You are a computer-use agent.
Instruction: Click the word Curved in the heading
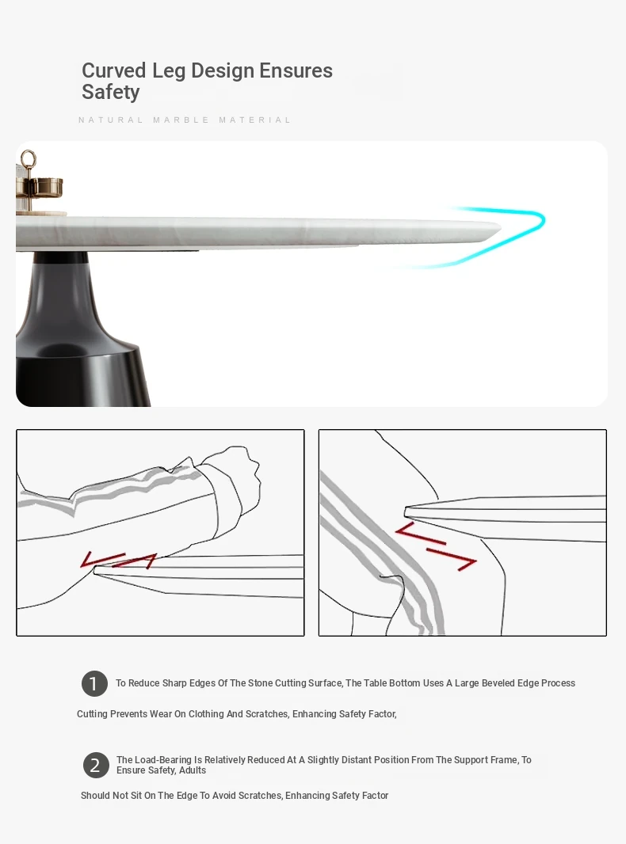pos(113,70)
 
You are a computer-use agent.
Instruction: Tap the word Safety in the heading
pos(110,92)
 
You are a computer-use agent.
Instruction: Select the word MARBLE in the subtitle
pos(181,120)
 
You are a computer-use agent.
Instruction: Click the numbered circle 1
pos(94,683)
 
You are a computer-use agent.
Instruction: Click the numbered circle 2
pos(96,765)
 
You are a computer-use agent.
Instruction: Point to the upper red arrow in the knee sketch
pos(421,533)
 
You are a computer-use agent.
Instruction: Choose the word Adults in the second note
pos(192,770)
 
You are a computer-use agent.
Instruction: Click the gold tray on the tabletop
pos(38,188)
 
